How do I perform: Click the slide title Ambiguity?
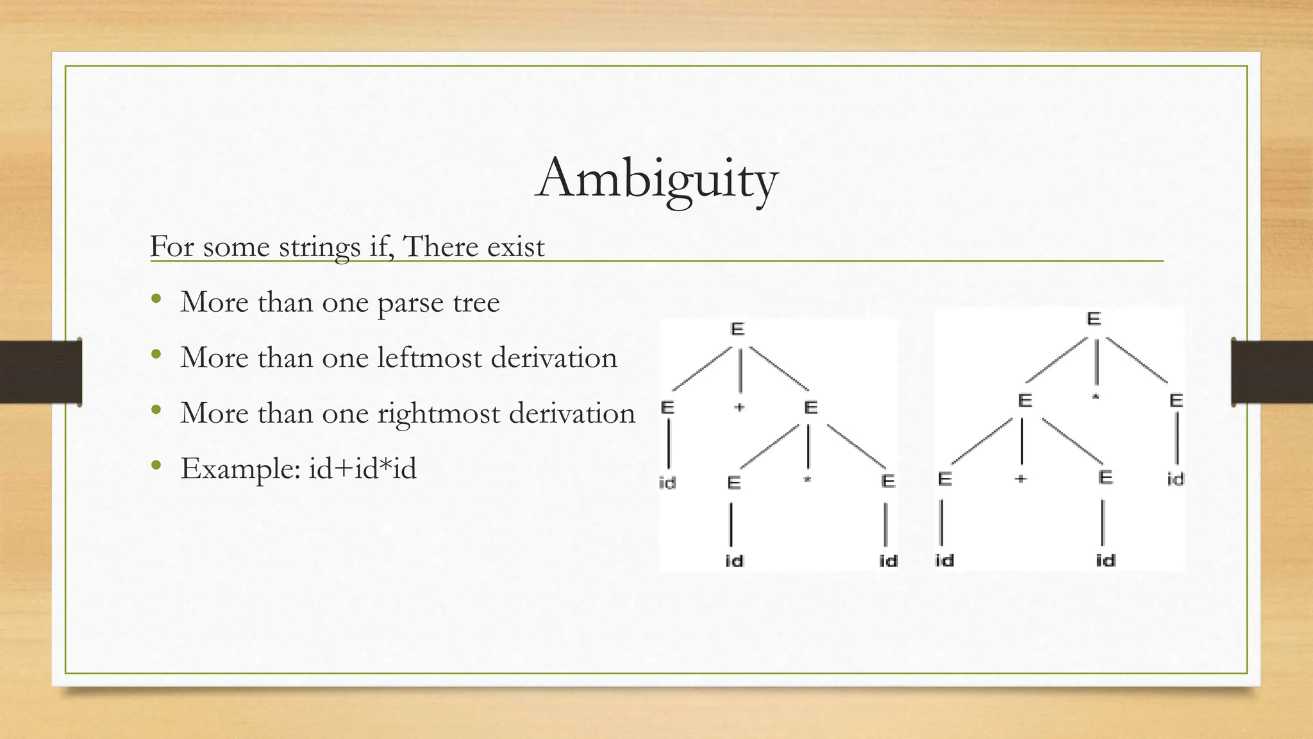click(x=656, y=178)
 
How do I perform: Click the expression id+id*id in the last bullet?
click(x=362, y=468)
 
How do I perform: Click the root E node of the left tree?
click(x=737, y=329)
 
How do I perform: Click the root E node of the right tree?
click(x=1094, y=319)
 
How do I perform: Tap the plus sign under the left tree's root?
click(x=739, y=407)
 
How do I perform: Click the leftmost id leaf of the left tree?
click(x=667, y=482)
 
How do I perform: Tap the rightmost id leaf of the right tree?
click(x=1175, y=479)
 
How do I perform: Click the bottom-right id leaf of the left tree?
click(x=888, y=561)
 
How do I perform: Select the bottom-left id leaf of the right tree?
click(x=944, y=560)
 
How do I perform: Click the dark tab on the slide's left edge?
click(x=40, y=372)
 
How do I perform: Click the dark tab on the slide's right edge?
click(x=1272, y=372)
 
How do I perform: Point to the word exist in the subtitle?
click(x=515, y=247)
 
